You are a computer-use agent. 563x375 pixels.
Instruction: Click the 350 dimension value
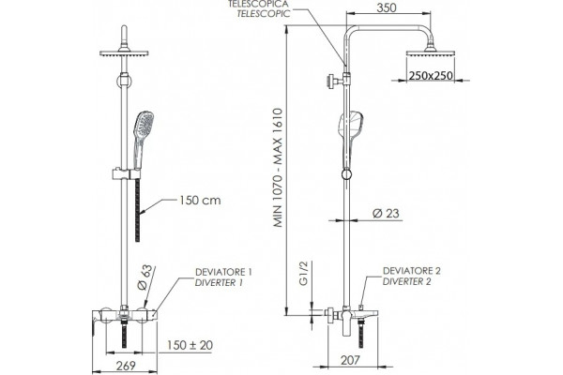(387, 7)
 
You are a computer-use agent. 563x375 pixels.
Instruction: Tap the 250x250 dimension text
(431, 76)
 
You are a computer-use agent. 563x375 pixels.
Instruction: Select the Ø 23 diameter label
(386, 214)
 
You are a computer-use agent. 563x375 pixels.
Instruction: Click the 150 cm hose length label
(200, 201)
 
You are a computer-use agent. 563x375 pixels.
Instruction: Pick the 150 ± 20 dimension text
(190, 345)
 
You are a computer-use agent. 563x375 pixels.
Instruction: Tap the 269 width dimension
(127, 366)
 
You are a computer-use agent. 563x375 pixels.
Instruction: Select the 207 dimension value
(349, 360)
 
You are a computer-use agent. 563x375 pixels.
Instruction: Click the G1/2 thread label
(304, 273)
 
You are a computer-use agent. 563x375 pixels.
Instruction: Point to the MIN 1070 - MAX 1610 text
(279, 168)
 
